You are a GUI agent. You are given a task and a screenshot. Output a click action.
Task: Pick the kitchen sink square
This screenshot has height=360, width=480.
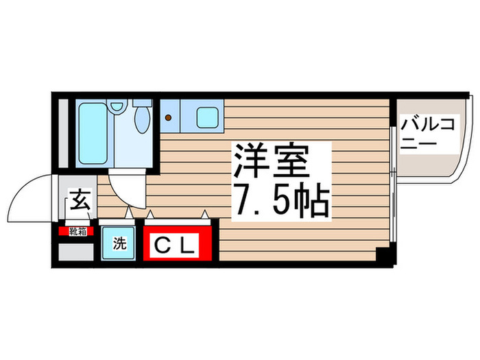coord(206,117)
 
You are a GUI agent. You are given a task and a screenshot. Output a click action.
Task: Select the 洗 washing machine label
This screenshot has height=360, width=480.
coord(119,244)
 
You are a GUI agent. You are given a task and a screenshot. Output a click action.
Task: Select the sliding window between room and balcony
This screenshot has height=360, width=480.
coord(393,185)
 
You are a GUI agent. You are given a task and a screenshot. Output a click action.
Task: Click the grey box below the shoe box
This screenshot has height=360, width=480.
coord(76,251)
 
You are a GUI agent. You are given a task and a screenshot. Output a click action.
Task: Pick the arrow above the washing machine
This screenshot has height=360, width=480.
coord(128,214)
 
